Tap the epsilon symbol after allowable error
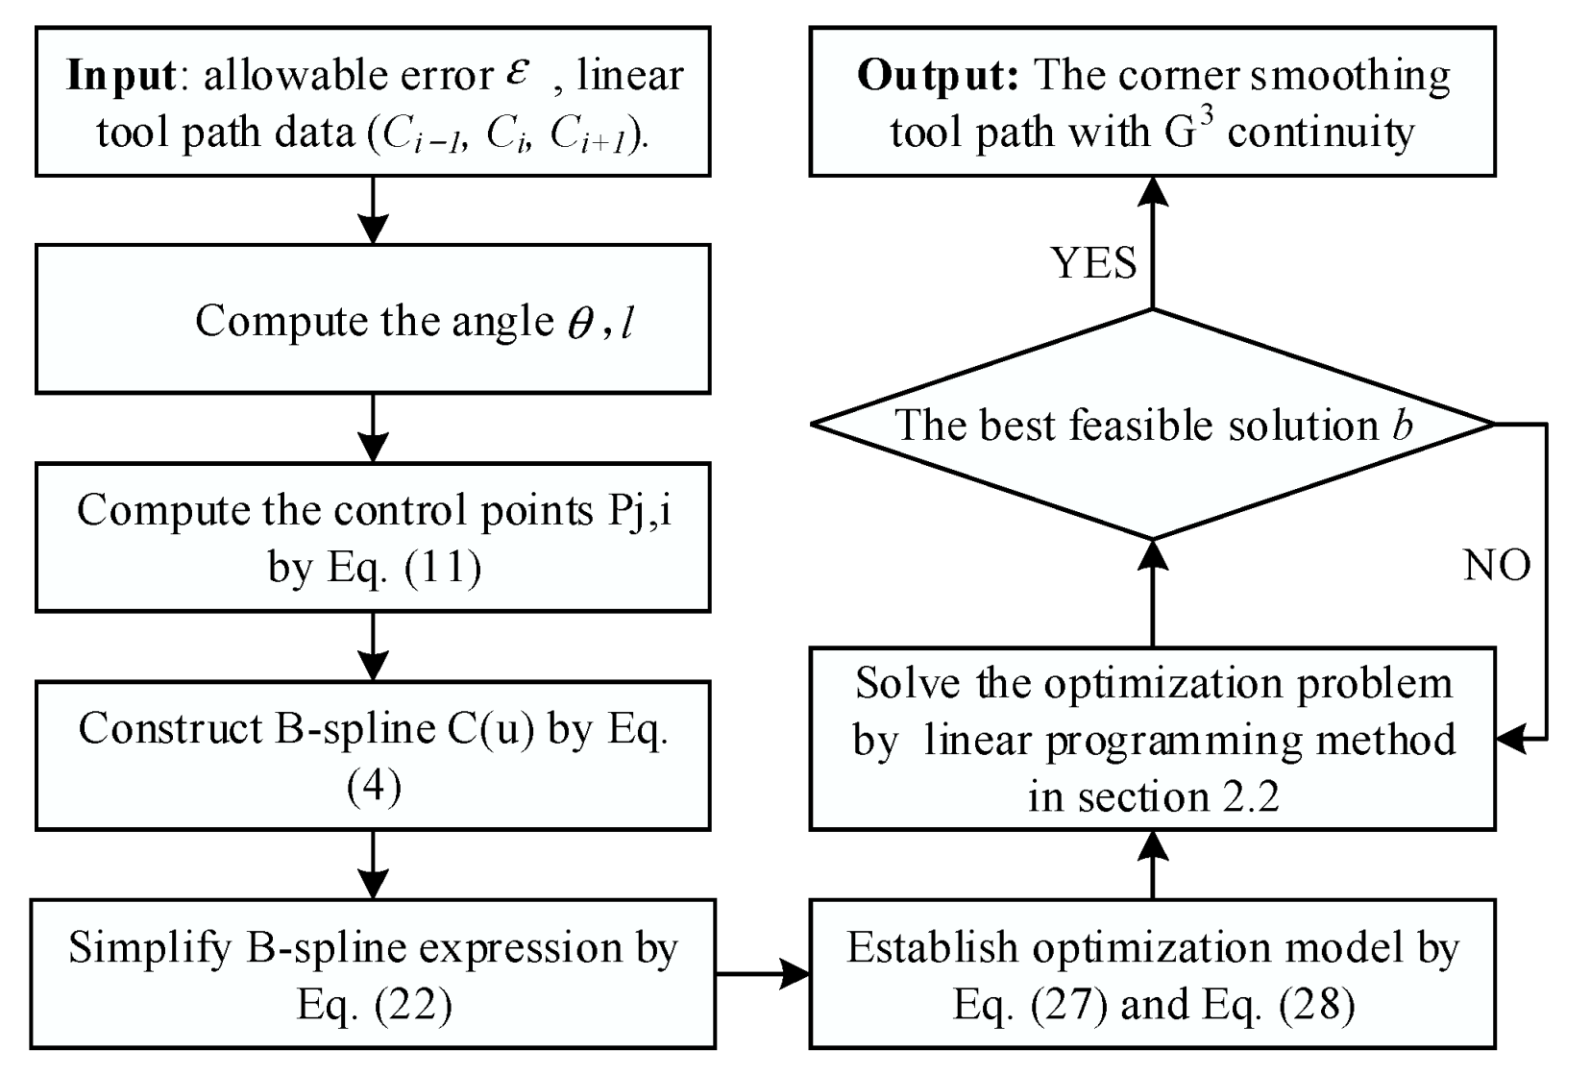[x=518, y=73]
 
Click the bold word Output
[x=937, y=76]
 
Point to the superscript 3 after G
[x=1208, y=116]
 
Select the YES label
[x=1093, y=262]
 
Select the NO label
[x=1497, y=566]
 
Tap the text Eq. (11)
[x=404, y=567]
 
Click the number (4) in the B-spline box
[x=373, y=787]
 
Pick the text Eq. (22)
[x=374, y=1005]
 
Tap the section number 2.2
[x=1247, y=796]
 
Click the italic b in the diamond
[x=1404, y=425]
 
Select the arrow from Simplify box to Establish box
[x=763, y=974]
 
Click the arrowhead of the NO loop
[x=1512, y=739]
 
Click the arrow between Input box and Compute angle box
[x=373, y=210]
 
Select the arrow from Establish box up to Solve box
[x=1152, y=865]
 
